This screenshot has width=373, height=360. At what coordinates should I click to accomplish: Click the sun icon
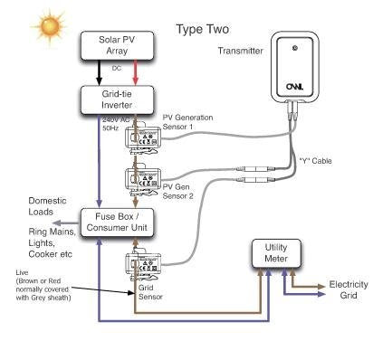[x=45, y=25]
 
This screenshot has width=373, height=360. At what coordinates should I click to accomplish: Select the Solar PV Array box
[x=109, y=46]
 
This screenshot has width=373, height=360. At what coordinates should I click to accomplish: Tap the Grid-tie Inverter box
[x=109, y=99]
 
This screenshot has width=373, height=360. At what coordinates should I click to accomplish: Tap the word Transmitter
[x=240, y=52]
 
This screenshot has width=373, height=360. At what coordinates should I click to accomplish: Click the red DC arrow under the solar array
[x=136, y=72]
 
